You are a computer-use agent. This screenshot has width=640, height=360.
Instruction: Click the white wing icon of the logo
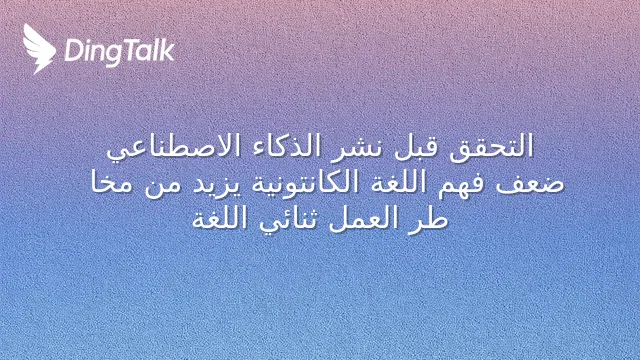pyautogui.click(x=39, y=49)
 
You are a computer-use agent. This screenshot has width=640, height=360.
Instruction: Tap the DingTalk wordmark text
pyautogui.click(x=120, y=52)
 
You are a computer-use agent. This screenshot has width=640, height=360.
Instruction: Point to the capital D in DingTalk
pyautogui.click(x=74, y=50)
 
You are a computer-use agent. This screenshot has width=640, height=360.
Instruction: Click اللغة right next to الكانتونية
pyautogui.click(x=391, y=182)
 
